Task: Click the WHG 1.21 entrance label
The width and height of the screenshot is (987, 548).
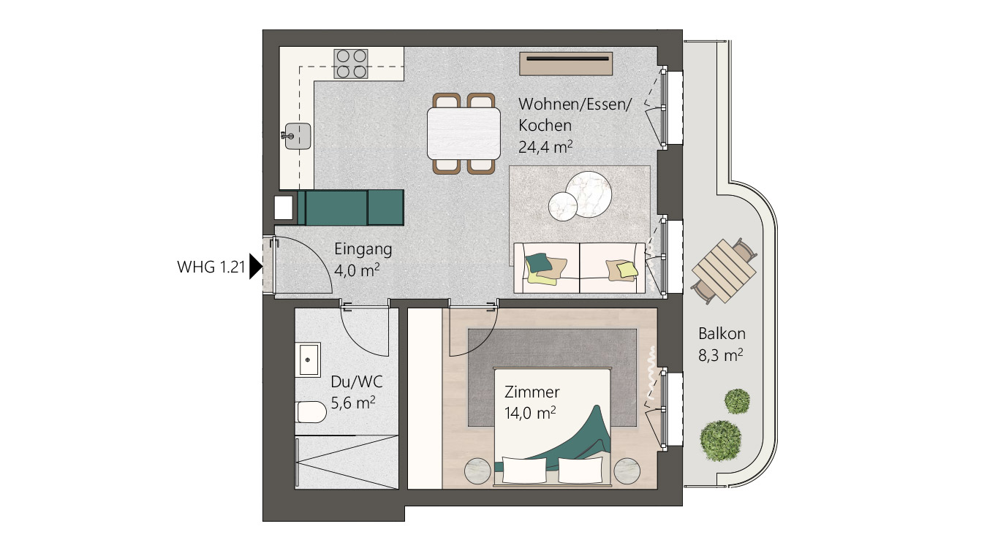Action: pos(211,267)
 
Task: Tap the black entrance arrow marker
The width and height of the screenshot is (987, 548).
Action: pos(256,266)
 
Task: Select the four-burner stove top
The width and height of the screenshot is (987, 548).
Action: pos(351,64)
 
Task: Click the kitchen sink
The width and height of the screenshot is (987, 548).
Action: pos(298,136)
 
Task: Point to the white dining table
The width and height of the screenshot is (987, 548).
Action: pos(464,134)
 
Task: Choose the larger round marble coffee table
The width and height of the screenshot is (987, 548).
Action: pos(589,194)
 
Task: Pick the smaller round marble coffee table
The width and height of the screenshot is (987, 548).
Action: pos(563,207)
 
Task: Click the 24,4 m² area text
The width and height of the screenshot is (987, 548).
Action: pos(545,147)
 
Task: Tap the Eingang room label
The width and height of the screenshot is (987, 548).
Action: pos(363,249)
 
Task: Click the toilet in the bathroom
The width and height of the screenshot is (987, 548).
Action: pos(311,412)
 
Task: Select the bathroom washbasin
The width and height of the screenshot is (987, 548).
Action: pos(308,359)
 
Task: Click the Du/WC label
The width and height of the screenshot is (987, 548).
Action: pos(357,381)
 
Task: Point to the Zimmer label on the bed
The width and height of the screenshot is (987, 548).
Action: pos(532,392)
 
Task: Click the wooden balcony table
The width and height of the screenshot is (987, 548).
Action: pos(724,271)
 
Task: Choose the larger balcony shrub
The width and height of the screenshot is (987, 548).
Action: pos(721,441)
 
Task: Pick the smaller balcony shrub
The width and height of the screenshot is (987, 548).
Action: pos(737,401)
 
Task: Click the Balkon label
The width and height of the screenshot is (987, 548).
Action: pos(722,333)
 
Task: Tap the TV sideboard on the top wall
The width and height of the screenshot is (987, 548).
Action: pos(566,64)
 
